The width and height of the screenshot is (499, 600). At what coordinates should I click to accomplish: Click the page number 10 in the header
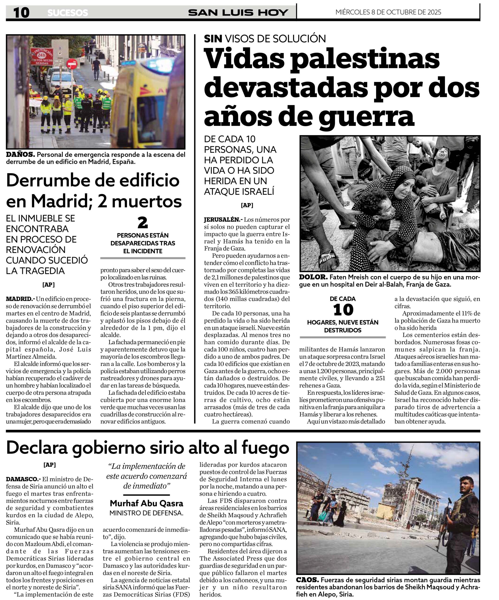(21, 13)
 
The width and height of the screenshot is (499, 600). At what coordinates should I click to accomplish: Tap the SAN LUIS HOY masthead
(238, 13)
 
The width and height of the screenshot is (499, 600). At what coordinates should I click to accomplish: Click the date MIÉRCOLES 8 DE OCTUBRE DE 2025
(388, 12)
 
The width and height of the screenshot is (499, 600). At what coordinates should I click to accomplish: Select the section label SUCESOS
(68, 13)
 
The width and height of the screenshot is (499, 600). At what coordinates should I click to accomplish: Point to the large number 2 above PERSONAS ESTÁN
(142, 223)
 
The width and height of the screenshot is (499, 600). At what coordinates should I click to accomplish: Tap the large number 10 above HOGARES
(343, 310)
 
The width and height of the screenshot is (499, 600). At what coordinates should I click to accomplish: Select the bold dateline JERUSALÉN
(222, 220)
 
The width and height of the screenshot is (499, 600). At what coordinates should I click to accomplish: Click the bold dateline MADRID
(19, 299)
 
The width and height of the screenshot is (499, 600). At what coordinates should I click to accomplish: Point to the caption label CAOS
(307, 580)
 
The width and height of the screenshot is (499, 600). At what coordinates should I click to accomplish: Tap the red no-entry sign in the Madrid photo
(72, 64)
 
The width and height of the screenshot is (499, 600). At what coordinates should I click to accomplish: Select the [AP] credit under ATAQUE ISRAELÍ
(247, 205)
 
